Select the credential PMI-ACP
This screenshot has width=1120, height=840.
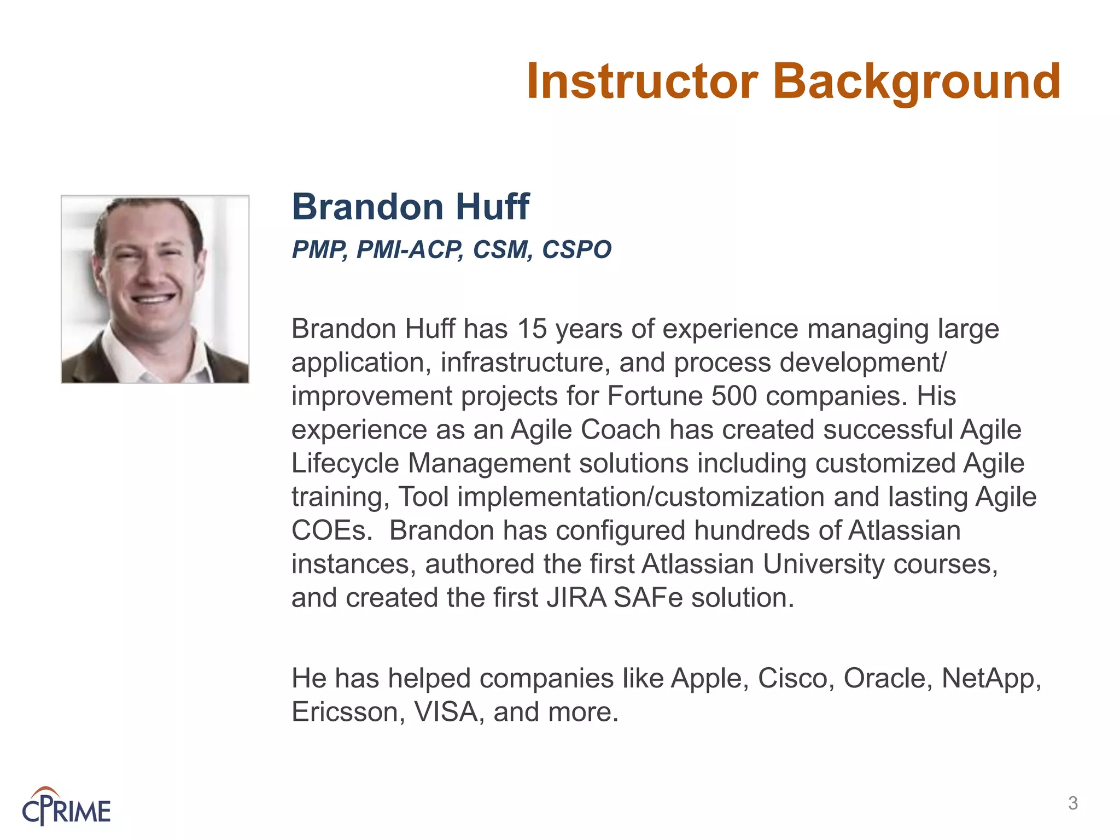tap(409, 250)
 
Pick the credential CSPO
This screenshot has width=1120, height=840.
tap(576, 250)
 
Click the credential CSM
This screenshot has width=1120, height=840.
tap(502, 250)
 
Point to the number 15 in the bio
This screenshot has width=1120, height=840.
tap(532, 329)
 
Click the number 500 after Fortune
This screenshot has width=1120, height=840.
tap(734, 396)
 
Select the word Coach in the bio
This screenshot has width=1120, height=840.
tap(620, 430)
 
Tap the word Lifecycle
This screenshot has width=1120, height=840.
tap(345, 464)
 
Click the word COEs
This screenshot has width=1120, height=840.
tap(331, 530)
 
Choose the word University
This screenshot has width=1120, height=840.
tap(823, 564)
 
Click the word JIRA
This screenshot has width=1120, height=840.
tap(576, 598)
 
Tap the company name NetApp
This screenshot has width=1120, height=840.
tap(990, 679)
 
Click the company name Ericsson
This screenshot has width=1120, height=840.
tap(348, 713)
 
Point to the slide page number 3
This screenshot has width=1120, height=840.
tap(1072, 803)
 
